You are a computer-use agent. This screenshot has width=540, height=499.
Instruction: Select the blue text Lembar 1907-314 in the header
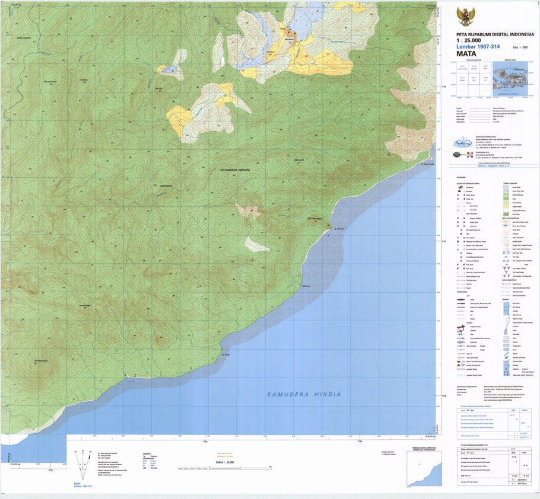[x=474, y=46]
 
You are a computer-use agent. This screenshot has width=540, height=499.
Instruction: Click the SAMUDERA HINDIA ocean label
[x=304, y=394]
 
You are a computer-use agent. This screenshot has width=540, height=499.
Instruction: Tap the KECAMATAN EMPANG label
[x=236, y=170]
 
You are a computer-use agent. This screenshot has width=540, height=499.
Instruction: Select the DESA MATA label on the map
[x=166, y=186]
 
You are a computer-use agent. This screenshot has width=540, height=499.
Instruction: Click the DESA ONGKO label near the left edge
[x=24, y=37]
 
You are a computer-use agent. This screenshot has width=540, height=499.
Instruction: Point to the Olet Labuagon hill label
[x=313, y=218]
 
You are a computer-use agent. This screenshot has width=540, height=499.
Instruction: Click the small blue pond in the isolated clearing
[x=170, y=70]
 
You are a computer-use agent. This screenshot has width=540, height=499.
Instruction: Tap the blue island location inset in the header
[x=510, y=80]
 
